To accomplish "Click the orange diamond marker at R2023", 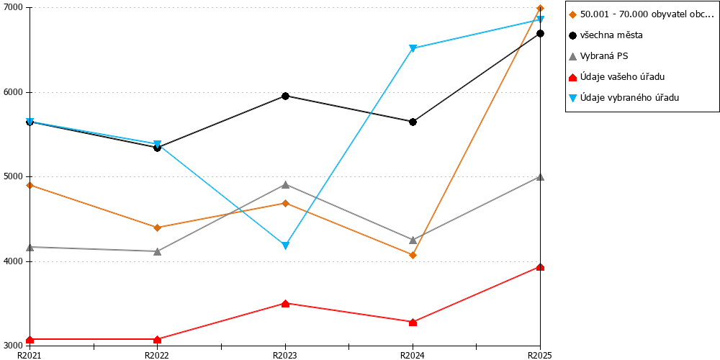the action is click(x=285, y=203).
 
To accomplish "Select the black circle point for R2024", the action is click(x=413, y=122).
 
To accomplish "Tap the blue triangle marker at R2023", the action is click(x=285, y=246).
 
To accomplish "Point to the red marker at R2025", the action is click(x=541, y=267).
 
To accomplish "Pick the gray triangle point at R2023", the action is click(x=285, y=184).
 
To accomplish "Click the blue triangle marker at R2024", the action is click(x=413, y=48).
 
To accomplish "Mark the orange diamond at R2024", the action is click(x=413, y=255).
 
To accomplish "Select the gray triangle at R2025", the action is click(x=541, y=177).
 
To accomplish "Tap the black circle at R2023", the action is click(x=285, y=96).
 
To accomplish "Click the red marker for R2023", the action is click(x=285, y=304).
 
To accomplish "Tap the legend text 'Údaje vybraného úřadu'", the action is click(x=623, y=97).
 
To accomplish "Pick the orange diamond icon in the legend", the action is click(x=572, y=14).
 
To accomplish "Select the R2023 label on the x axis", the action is click(x=285, y=355).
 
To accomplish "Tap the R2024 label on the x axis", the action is click(x=413, y=355).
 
